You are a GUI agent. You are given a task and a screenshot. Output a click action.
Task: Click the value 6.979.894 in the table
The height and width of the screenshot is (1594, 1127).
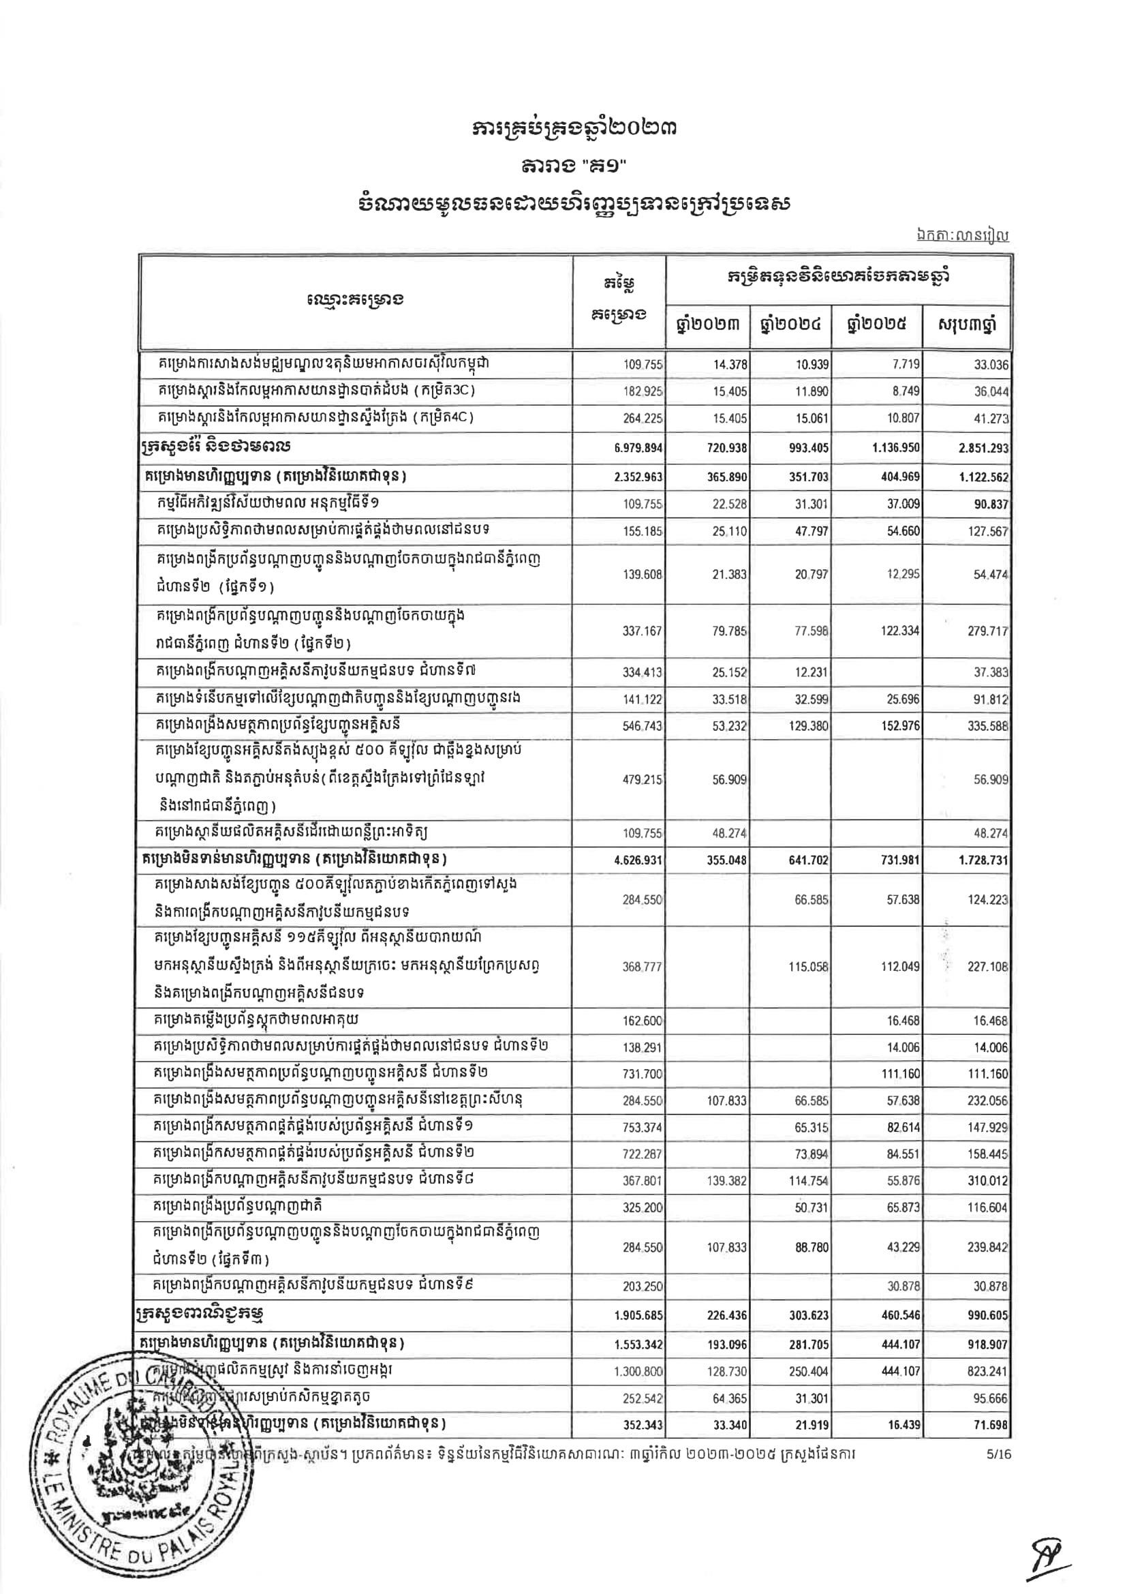click(x=639, y=448)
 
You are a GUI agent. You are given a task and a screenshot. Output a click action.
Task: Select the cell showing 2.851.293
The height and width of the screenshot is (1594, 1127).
click(x=983, y=448)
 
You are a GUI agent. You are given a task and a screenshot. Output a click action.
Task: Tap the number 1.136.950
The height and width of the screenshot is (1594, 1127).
click(x=896, y=448)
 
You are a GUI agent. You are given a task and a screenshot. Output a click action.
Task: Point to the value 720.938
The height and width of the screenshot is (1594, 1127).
click(x=726, y=448)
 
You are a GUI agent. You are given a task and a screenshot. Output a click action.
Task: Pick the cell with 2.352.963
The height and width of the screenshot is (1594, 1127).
click(x=639, y=478)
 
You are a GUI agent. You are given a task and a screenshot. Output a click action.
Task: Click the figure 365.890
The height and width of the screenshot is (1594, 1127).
click(x=726, y=478)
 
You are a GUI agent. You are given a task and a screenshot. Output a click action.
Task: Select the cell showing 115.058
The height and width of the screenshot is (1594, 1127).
click(x=809, y=967)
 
